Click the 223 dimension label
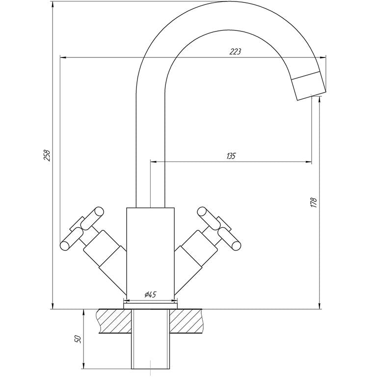(235, 52)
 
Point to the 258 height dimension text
(47, 155)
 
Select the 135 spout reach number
(231, 156)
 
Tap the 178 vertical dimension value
(314, 202)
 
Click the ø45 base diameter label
(151, 295)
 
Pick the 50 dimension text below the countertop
(78, 339)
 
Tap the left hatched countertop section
(114, 321)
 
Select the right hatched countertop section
(187, 321)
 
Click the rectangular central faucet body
(150, 251)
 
